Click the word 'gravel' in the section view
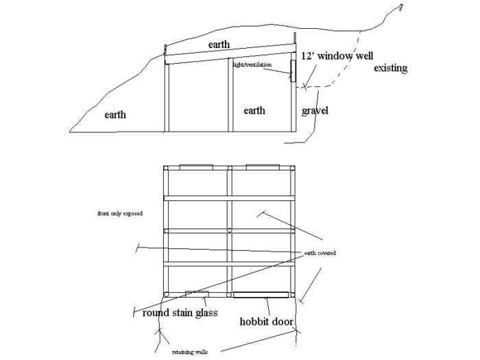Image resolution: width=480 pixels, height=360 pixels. (x=315, y=110)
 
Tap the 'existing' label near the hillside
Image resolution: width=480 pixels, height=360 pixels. (x=391, y=69)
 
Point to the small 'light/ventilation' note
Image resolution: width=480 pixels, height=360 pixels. (x=252, y=64)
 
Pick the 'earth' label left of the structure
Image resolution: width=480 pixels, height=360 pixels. (x=115, y=115)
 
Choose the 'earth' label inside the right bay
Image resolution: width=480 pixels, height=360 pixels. (x=254, y=110)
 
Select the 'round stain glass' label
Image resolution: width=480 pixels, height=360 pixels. (x=180, y=313)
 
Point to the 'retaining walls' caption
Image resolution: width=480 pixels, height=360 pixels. (x=191, y=352)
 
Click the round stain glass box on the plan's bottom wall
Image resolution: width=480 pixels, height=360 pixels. (x=197, y=295)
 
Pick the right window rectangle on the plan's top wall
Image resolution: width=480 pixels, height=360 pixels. (x=263, y=166)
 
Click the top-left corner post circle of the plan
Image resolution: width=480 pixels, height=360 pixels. (x=165, y=168)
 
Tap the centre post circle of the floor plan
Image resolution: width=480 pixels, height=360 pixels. (x=230, y=231)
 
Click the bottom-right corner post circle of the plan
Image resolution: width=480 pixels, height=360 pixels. (x=293, y=295)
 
